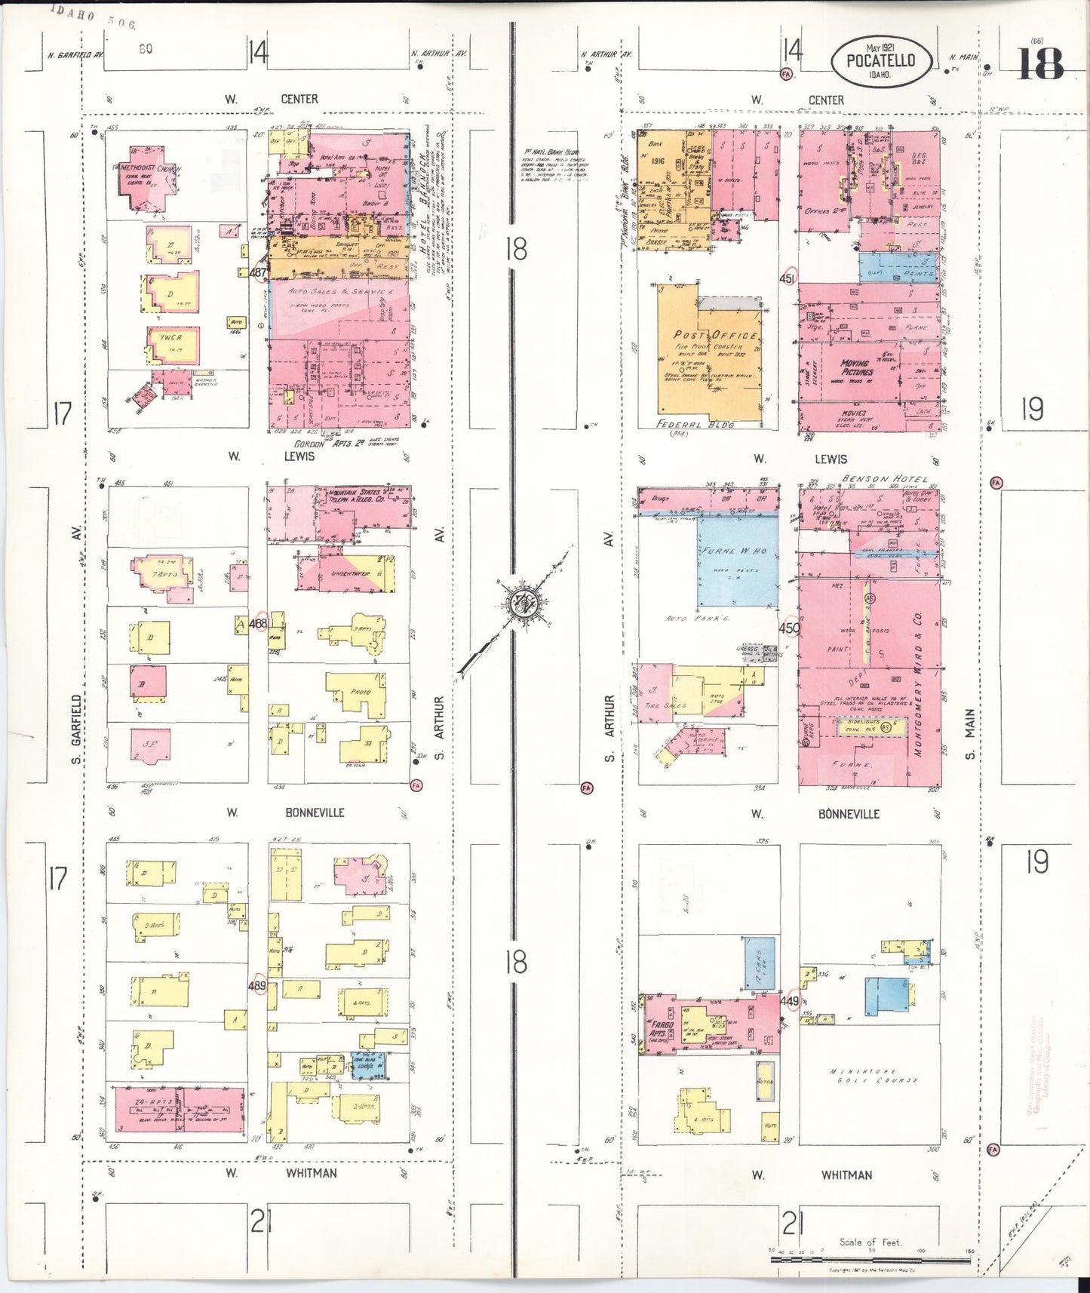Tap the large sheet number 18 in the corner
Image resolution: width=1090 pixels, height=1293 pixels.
[x=1041, y=63]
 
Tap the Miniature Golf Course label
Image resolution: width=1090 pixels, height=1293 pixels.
[x=874, y=1076]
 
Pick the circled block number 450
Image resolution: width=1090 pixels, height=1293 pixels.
[x=789, y=628]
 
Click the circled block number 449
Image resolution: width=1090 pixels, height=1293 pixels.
[x=791, y=1001]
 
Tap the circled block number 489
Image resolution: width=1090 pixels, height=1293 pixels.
[x=257, y=986]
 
